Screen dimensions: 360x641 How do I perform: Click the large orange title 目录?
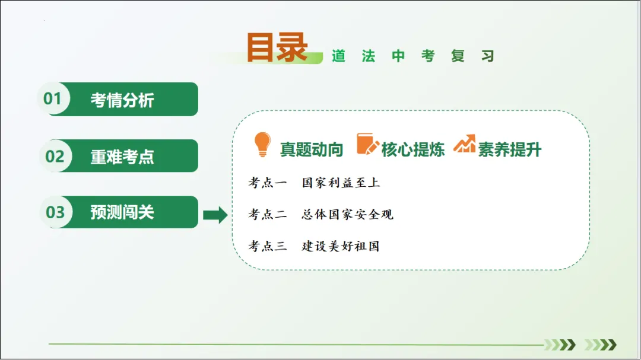pos(277,47)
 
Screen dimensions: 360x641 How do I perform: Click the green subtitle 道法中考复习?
pos(412,56)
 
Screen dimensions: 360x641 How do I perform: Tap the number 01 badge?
pos(53,98)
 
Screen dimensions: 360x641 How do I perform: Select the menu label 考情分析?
pos(122,100)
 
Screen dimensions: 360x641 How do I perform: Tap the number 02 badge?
pos(55,156)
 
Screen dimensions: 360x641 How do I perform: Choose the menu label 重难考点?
pos(122,157)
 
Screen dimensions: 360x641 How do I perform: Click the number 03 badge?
pos(55,212)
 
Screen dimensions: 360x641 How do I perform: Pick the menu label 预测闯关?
pos(122,212)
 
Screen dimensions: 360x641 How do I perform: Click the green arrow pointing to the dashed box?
pos(215,215)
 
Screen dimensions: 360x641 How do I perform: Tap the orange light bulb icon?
pos(262,145)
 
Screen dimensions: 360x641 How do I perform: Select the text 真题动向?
pos(312,149)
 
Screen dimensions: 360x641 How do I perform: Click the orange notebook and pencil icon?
pos(367,144)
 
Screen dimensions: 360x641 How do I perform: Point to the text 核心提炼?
pos(413,149)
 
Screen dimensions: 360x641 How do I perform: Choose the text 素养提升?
pos(510,149)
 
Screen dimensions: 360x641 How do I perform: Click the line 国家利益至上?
pos(341,183)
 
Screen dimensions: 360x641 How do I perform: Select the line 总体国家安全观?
pos(347,214)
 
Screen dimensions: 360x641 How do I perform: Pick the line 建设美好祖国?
pos(341,246)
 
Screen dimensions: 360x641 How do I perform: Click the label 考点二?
pos(268,214)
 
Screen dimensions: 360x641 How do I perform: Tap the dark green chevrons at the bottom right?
pos(560,345)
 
